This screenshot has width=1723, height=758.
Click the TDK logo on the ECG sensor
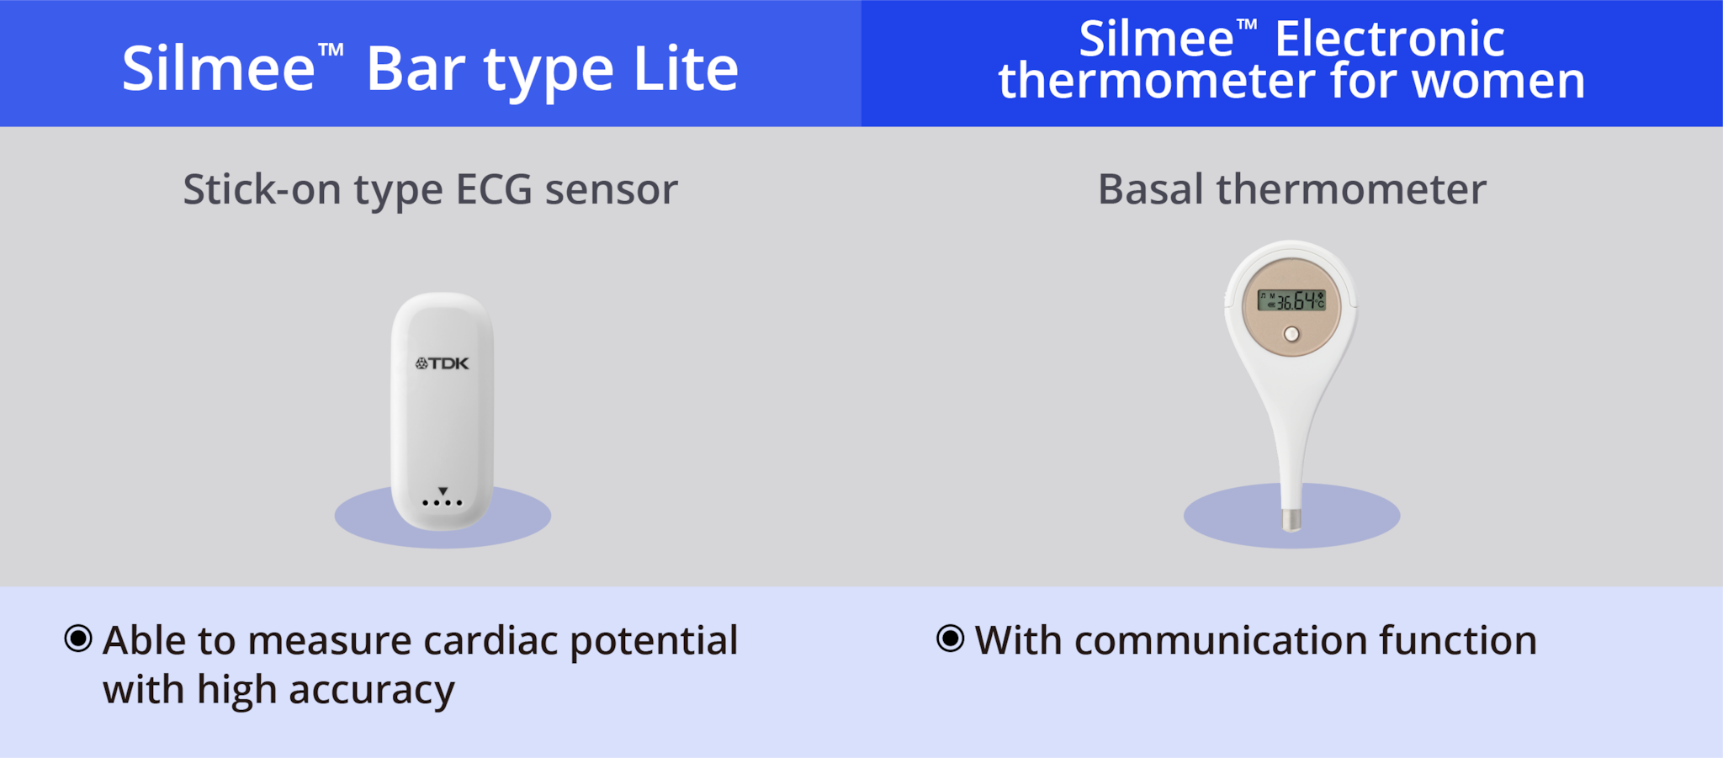tap(442, 363)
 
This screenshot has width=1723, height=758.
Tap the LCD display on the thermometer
tap(1291, 300)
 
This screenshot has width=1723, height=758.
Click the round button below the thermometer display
tap(1291, 334)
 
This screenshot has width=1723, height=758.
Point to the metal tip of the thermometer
tap(1291, 519)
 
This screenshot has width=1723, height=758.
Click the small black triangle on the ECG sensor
tap(443, 490)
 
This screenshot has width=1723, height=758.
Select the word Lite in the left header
tap(686, 69)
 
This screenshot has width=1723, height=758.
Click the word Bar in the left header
tap(416, 69)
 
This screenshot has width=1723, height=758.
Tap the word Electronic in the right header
tap(1390, 39)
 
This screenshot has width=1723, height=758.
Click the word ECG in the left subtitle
tap(494, 189)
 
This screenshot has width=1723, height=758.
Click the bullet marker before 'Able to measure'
tap(78, 639)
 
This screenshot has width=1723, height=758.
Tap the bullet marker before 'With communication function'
tap(950, 639)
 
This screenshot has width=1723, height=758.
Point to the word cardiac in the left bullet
tap(490, 641)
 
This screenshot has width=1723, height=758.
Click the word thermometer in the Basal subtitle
tap(1351, 189)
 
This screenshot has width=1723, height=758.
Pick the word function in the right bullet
tap(1458, 641)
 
